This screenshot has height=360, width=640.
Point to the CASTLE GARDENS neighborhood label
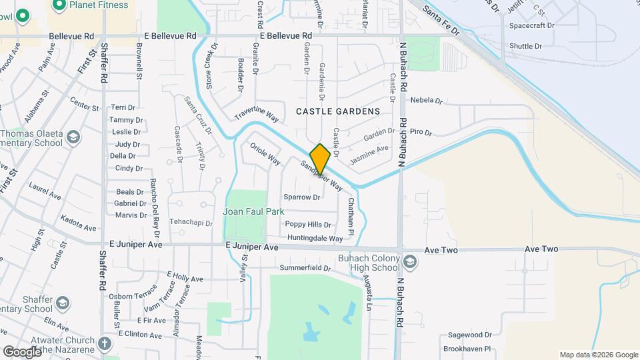[338, 111]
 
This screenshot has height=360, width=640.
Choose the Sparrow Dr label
[302, 197]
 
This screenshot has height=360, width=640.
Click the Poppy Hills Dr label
[309, 225]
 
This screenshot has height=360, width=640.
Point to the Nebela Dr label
[427, 101]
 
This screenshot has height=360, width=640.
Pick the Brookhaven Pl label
[468, 349]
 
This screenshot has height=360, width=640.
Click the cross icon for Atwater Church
[103, 344]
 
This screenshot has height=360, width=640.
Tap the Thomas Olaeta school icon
[73, 138]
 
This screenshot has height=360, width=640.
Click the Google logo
[22, 351]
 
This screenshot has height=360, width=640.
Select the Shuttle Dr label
[527, 46]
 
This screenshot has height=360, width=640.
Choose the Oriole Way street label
[265, 153]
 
